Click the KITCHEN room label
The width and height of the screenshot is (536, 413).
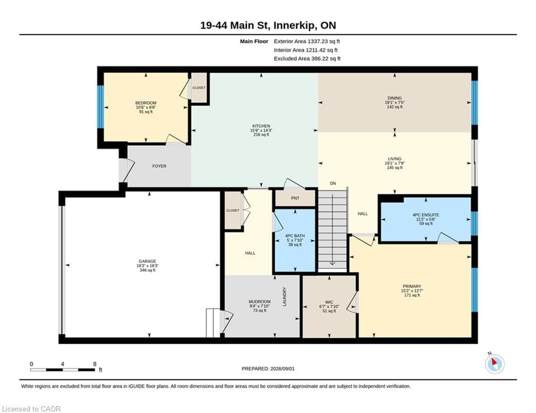pos(261,126)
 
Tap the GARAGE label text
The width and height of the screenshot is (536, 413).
pos(147,261)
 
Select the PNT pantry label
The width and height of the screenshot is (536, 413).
pos(295,198)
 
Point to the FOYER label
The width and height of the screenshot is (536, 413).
pos(159,166)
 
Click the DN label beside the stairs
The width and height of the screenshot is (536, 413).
pos(333,183)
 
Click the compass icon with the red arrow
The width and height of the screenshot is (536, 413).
pos(495,364)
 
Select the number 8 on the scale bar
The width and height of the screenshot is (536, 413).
pos(95,364)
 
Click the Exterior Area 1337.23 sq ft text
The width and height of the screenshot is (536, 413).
pos(307,41)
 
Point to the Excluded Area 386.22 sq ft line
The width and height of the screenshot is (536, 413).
pos(307,59)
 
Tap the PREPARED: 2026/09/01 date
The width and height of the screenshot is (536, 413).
pos(268,368)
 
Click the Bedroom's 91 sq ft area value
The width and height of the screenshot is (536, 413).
pos(146,112)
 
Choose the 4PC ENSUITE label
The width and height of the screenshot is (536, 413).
pos(426,215)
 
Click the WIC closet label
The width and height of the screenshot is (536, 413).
pos(329,302)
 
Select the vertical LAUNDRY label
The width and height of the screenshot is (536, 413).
pos(284,296)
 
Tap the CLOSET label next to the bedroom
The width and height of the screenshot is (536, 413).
pos(199,88)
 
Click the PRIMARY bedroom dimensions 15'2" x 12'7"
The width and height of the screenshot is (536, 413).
pos(412,291)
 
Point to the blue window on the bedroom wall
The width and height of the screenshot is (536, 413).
pos(101,106)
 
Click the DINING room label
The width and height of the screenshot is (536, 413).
pos(394,98)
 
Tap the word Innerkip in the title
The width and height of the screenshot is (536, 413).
pos(295,26)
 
